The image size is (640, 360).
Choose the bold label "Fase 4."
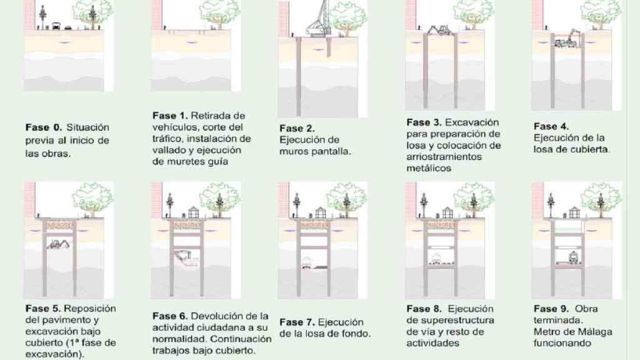pyautogui.click(x=549, y=126)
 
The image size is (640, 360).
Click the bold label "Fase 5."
pyautogui.click(x=42, y=309)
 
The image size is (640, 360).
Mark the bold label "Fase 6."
pyautogui.click(x=169, y=316)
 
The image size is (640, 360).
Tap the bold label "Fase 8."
pyautogui.click(x=422, y=309)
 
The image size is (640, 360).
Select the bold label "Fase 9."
pyautogui.click(x=549, y=309)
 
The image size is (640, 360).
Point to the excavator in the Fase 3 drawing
pyautogui.click(x=439, y=30)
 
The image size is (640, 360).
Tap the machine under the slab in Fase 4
pyautogui.click(x=570, y=41)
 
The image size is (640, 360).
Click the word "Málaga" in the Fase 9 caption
pyautogui.click(x=595, y=331)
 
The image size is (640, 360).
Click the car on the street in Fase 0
pyautogui.click(x=56, y=27)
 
